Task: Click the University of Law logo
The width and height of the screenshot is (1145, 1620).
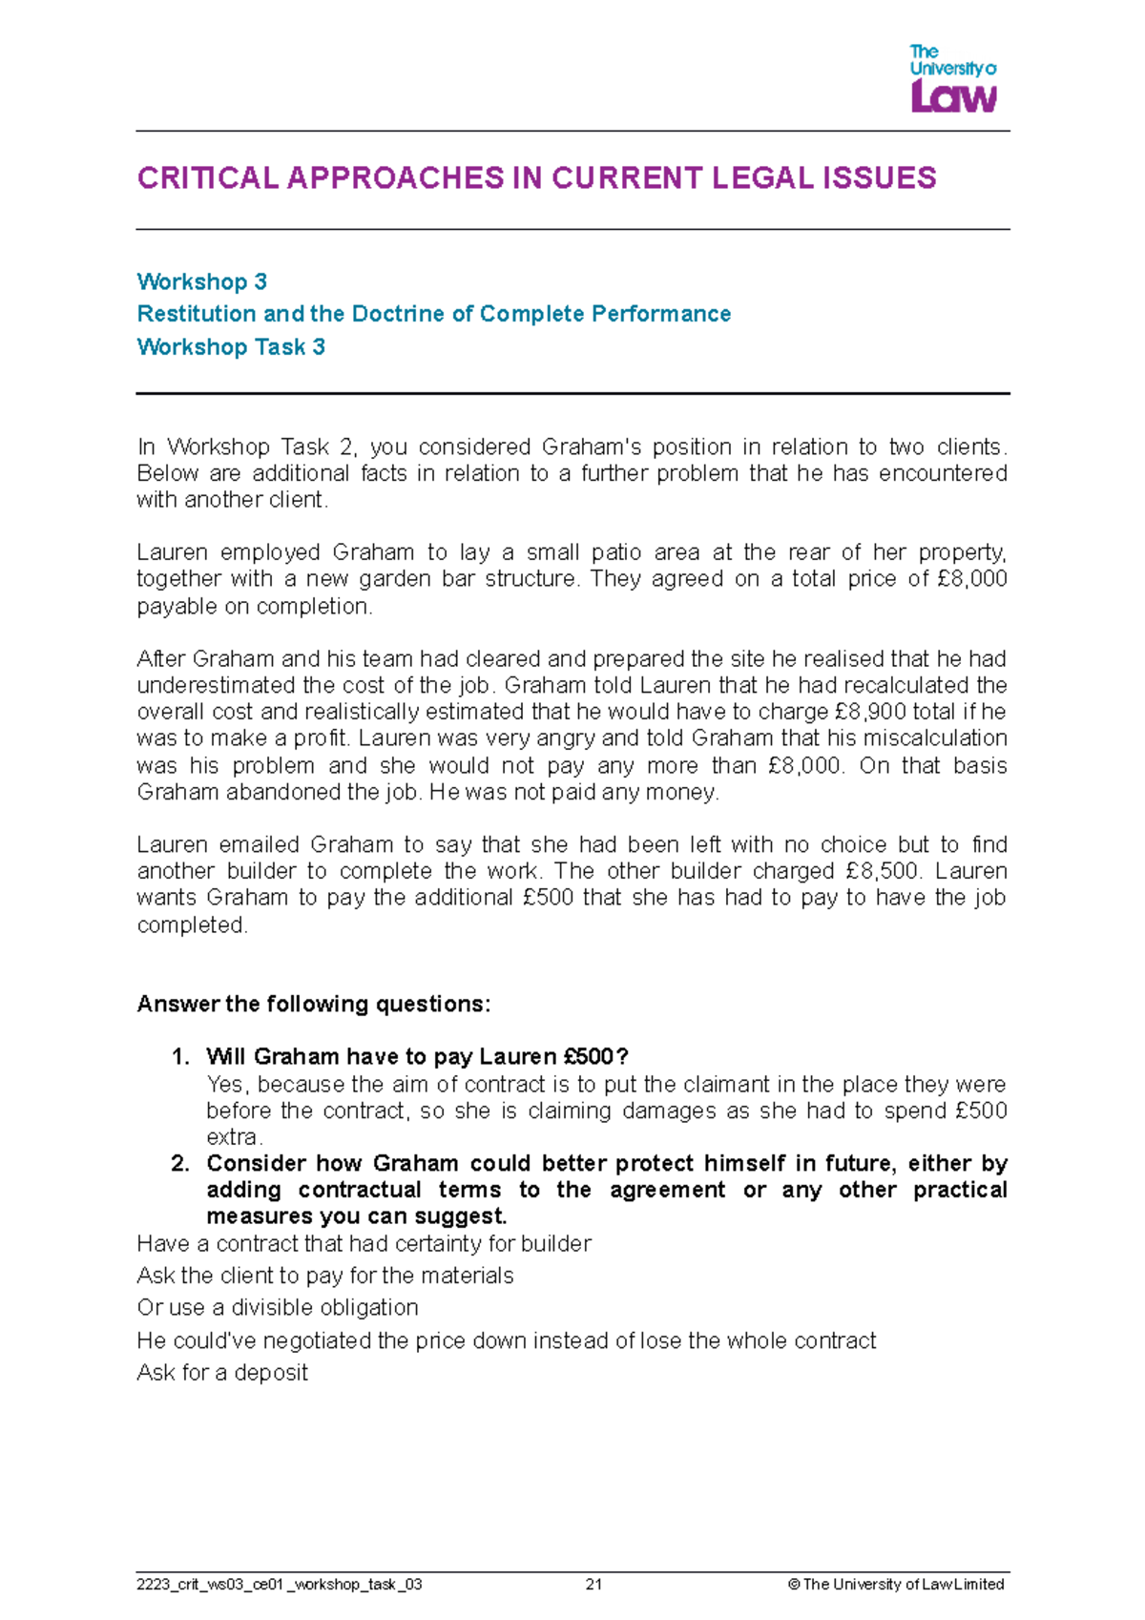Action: [952, 79]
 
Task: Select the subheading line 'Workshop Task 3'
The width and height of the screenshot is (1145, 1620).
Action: [231, 347]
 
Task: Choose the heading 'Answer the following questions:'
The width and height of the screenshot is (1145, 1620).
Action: [314, 1004]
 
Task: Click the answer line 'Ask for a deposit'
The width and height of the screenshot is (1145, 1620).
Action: [222, 1373]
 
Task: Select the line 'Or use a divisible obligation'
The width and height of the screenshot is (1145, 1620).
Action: [278, 1308]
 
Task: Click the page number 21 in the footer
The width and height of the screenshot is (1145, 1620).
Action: [593, 1585]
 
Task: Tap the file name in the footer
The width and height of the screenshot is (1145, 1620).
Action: [280, 1585]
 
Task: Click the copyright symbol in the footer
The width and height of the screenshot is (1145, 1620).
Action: [793, 1585]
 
